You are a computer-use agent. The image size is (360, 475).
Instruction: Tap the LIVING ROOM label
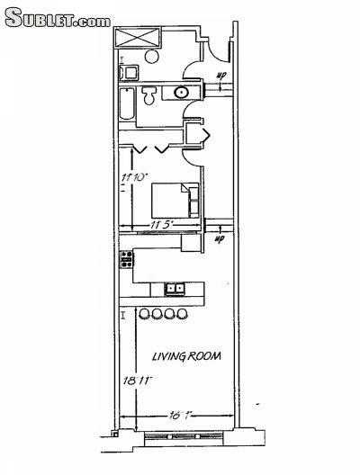[x=186, y=357]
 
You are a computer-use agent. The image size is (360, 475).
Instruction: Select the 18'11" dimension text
[x=135, y=381]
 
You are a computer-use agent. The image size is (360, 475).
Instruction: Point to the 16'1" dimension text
[x=180, y=415]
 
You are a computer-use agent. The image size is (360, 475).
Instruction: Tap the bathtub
[x=128, y=106]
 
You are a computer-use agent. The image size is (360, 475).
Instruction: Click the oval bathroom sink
[x=183, y=92]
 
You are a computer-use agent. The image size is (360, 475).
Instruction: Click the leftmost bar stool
[x=144, y=314]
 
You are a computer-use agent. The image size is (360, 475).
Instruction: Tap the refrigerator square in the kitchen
[x=191, y=242]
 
